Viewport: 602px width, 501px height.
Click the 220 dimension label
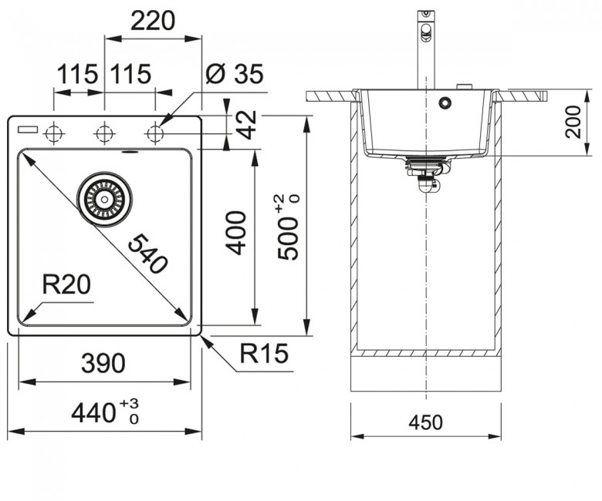tap(153, 21)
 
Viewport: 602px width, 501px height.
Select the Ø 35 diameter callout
tap(234, 73)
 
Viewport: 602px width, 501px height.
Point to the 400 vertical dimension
tap(235, 233)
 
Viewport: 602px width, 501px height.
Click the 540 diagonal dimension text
tap(147, 254)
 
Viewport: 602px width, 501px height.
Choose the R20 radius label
tap(66, 284)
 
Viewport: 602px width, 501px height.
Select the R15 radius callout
tap(264, 353)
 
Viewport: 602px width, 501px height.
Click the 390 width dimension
tap(103, 363)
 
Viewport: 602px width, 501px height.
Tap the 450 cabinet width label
tap(426, 422)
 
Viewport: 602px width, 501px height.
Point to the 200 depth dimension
tap(573, 122)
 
